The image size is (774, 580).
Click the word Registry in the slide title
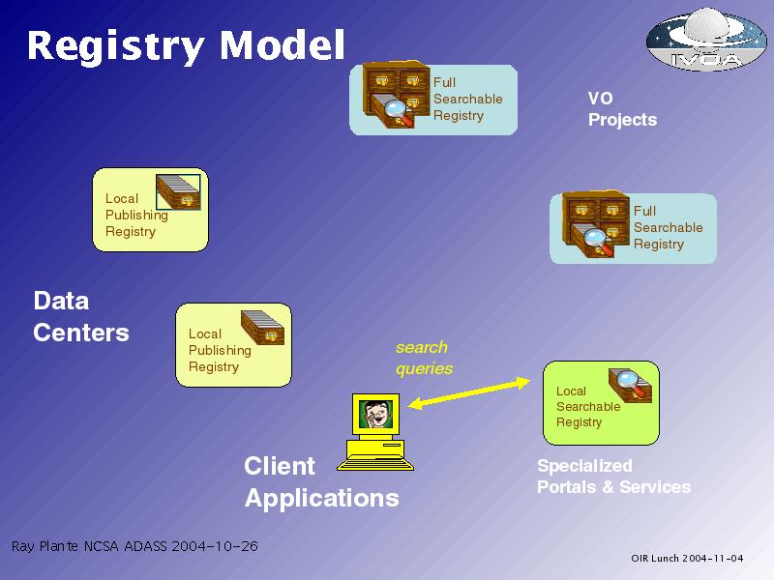point(115,46)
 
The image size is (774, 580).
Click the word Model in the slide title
point(282,44)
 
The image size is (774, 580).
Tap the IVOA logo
point(706,39)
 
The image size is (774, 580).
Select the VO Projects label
point(622,109)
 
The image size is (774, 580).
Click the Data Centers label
point(81,316)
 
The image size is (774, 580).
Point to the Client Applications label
point(321,481)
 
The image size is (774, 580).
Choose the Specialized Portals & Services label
point(613,477)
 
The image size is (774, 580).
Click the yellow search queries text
point(424,358)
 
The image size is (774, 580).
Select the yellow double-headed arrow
point(469,393)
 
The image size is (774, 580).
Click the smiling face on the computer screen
point(375,415)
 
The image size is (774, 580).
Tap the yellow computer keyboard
point(375,465)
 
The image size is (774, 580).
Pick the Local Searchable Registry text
point(588,406)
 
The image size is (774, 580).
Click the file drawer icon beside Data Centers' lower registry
point(262,328)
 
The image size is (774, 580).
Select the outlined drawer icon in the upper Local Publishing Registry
point(178,191)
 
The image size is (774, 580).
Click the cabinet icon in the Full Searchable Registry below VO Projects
point(596,224)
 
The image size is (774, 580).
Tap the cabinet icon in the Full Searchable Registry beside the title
point(396,95)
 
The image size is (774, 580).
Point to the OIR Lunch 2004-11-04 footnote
point(687,558)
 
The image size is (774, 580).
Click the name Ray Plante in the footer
point(45,546)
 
